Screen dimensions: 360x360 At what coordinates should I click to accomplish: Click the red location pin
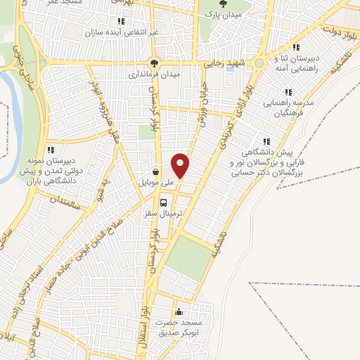point(181,166)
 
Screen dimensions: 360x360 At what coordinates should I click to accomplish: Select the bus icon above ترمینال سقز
point(164,200)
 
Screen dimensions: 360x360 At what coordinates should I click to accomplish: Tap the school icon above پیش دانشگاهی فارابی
point(266,141)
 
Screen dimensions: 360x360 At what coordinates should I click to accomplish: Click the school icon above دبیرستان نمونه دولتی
point(51,150)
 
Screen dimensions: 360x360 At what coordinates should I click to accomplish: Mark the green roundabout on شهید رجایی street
point(259,63)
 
